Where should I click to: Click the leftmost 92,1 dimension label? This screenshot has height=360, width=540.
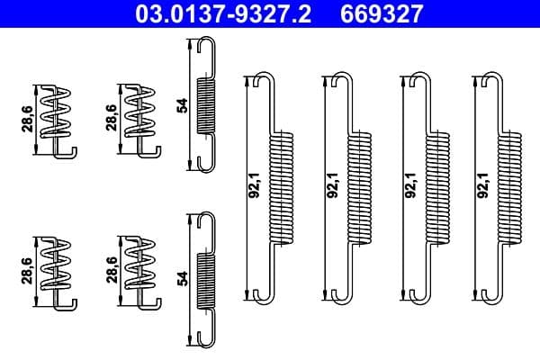[254, 184]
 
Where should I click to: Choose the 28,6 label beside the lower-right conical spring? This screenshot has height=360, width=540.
[111, 270]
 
